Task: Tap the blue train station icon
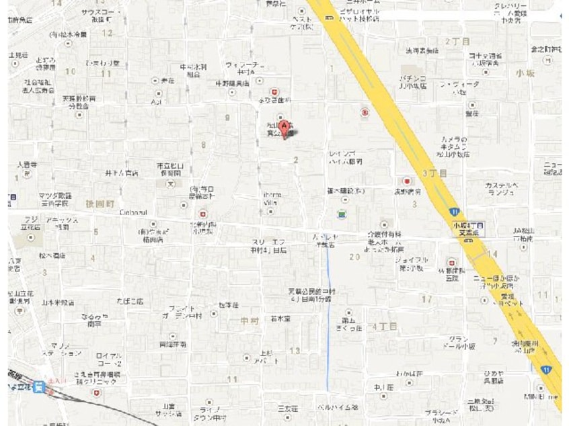pos(40,387)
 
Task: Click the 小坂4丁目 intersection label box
pos(469,228)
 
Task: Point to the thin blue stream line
pos(328,316)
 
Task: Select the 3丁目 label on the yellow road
pos(434,173)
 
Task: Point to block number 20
pos(354,256)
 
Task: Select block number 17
pos(426,298)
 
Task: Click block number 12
pos(108,32)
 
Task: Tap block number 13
pos(295,351)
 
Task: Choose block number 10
pos(70,71)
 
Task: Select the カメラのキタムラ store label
pos(455,146)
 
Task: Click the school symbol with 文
pos(171,183)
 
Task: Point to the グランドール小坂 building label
pos(460,343)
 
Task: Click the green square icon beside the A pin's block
pos(342,214)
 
